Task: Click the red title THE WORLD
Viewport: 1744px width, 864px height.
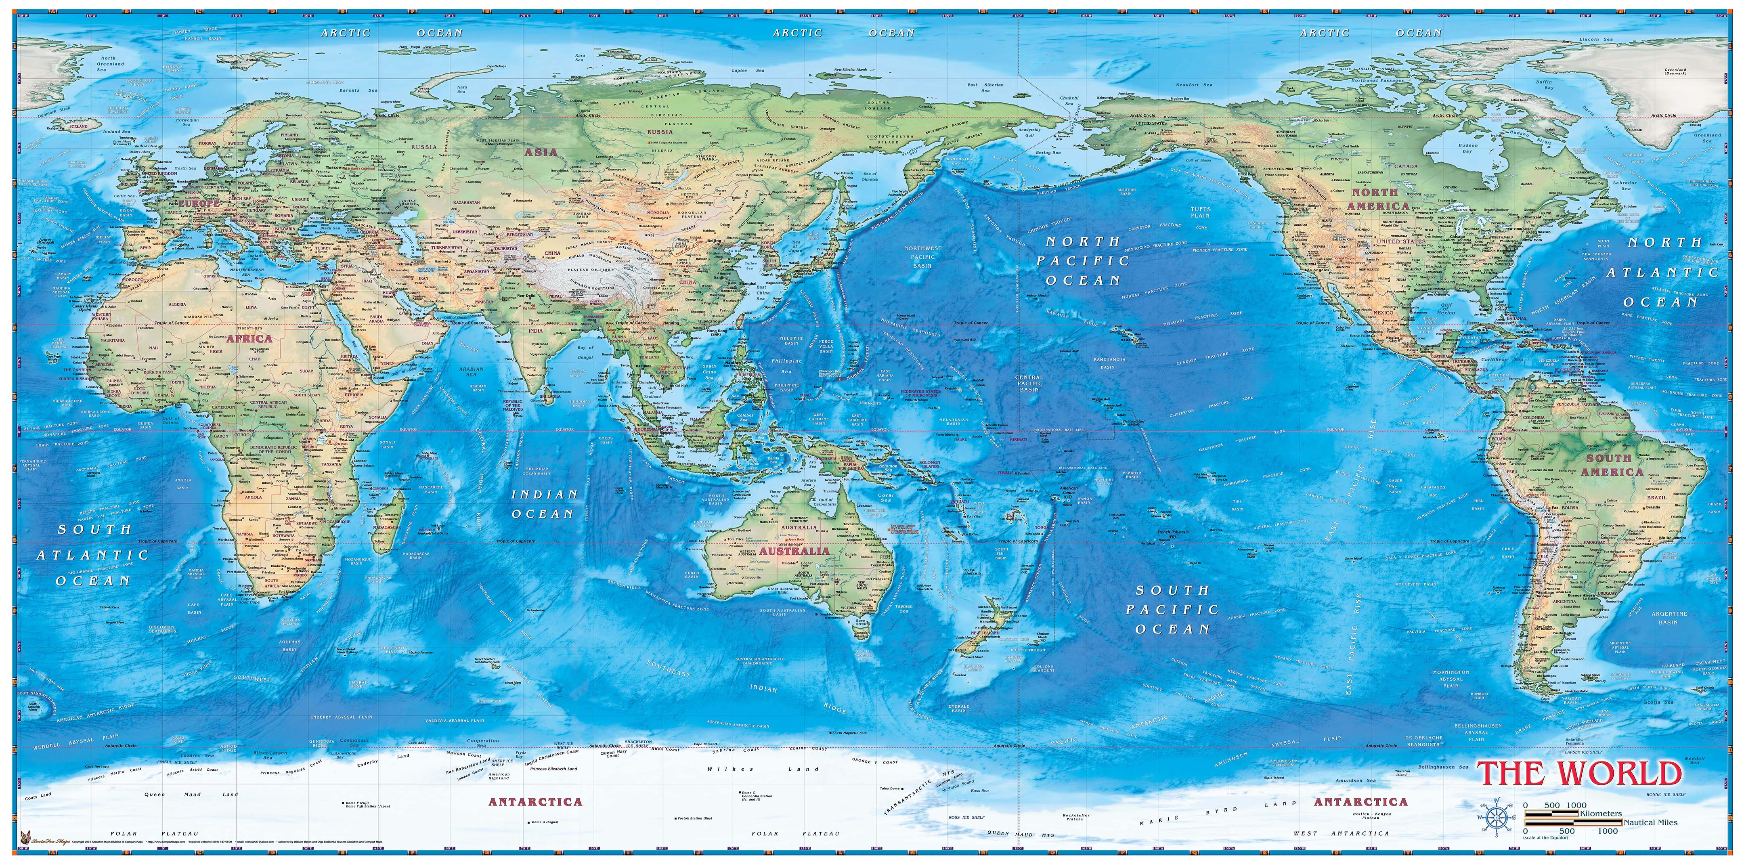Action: (x=1579, y=773)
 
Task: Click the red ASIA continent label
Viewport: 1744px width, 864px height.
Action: (x=541, y=152)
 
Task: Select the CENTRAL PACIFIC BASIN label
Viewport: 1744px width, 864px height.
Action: (x=1029, y=383)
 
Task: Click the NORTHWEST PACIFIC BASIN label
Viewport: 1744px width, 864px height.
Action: (x=923, y=257)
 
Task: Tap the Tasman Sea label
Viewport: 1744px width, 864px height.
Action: (x=904, y=609)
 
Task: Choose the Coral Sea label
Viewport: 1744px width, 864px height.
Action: (x=886, y=497)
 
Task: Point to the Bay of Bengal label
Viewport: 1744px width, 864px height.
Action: (x=585, y=352)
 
